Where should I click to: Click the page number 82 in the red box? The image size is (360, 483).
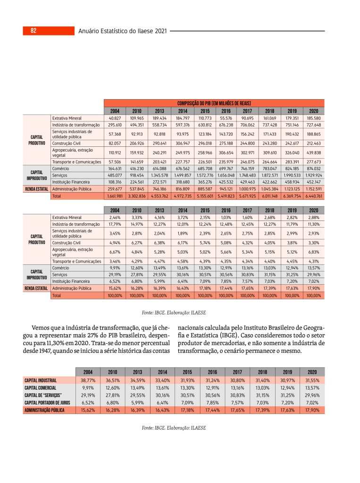pyautogui.click(x=33, y=31)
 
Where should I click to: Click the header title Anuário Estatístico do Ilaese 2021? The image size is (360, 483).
pyautogui.click(x=123, y=31)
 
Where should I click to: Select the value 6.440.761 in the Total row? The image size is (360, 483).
pyautogui.click(x=313, y=196)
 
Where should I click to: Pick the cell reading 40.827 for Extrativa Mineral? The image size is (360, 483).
pyautogui.click(x=115, y=118)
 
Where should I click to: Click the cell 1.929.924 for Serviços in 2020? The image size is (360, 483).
pyautogui.click(x=313, y=175)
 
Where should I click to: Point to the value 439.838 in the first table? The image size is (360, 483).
pyautogui.click(x=313, y=153)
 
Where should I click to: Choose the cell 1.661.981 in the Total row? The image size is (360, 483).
pyautogui.click(x=115, y=196)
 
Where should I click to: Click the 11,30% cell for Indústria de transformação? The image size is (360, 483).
pyautogui.click(x=313, y=224)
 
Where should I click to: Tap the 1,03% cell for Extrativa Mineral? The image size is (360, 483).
pyautogui.click(x=226, y=217)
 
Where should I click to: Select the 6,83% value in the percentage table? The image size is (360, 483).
pyautogui.click(x=313, y=252)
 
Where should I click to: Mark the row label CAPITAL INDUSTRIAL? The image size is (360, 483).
pyautogui.click(x=41, y=380)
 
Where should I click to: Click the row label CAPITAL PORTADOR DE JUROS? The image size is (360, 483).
pyautogui.click(x=47, y=403)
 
